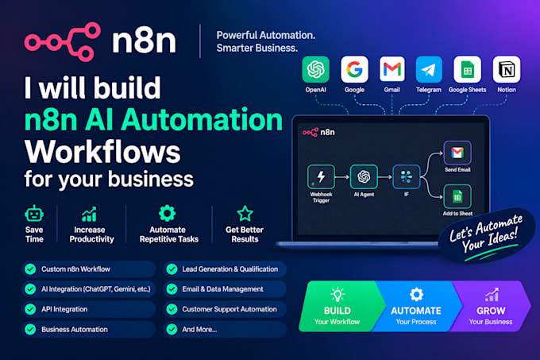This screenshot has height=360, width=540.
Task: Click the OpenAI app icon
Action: coord(315,69)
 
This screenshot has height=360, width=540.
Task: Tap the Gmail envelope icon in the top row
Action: coord(392,69)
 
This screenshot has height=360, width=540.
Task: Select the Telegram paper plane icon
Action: coord(429,70)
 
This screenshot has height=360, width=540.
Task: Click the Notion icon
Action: coord(507,69)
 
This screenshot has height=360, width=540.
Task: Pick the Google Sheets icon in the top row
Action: coord(467,69)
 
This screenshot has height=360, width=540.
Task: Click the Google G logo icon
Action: coord(354,69)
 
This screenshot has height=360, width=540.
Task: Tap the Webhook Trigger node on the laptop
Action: coord(321,176)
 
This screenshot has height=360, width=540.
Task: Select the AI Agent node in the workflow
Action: coord(364,176)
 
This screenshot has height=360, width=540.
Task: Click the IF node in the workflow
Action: coord(407,176)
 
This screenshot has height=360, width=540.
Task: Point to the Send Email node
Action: coord(457,153)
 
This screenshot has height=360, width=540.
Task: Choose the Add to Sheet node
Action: coord(457,196)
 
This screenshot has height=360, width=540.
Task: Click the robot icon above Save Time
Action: coord(34,214)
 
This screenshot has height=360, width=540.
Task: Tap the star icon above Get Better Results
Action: coord(245,214)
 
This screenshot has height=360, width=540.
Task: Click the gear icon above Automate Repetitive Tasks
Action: coord(168,213)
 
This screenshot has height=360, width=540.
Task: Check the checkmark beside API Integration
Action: coord(30,309)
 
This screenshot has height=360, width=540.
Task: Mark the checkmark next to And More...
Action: coord(172,329)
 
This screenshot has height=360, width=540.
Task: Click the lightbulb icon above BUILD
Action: coord(337,295)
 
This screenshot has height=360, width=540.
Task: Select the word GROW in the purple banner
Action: coord(491,311)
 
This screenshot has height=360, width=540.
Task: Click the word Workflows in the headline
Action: coord(102,152)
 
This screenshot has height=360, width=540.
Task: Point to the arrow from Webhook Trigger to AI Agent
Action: coord(342,177)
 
